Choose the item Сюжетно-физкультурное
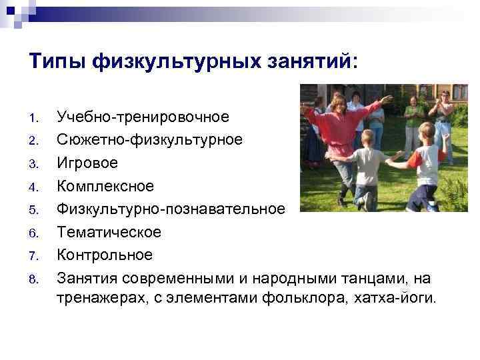pyautogui.click(x=149, y=140)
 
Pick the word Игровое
pyautogui.click(x=87, y=163)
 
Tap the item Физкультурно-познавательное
pyautogui.click(x=171, y=209)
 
